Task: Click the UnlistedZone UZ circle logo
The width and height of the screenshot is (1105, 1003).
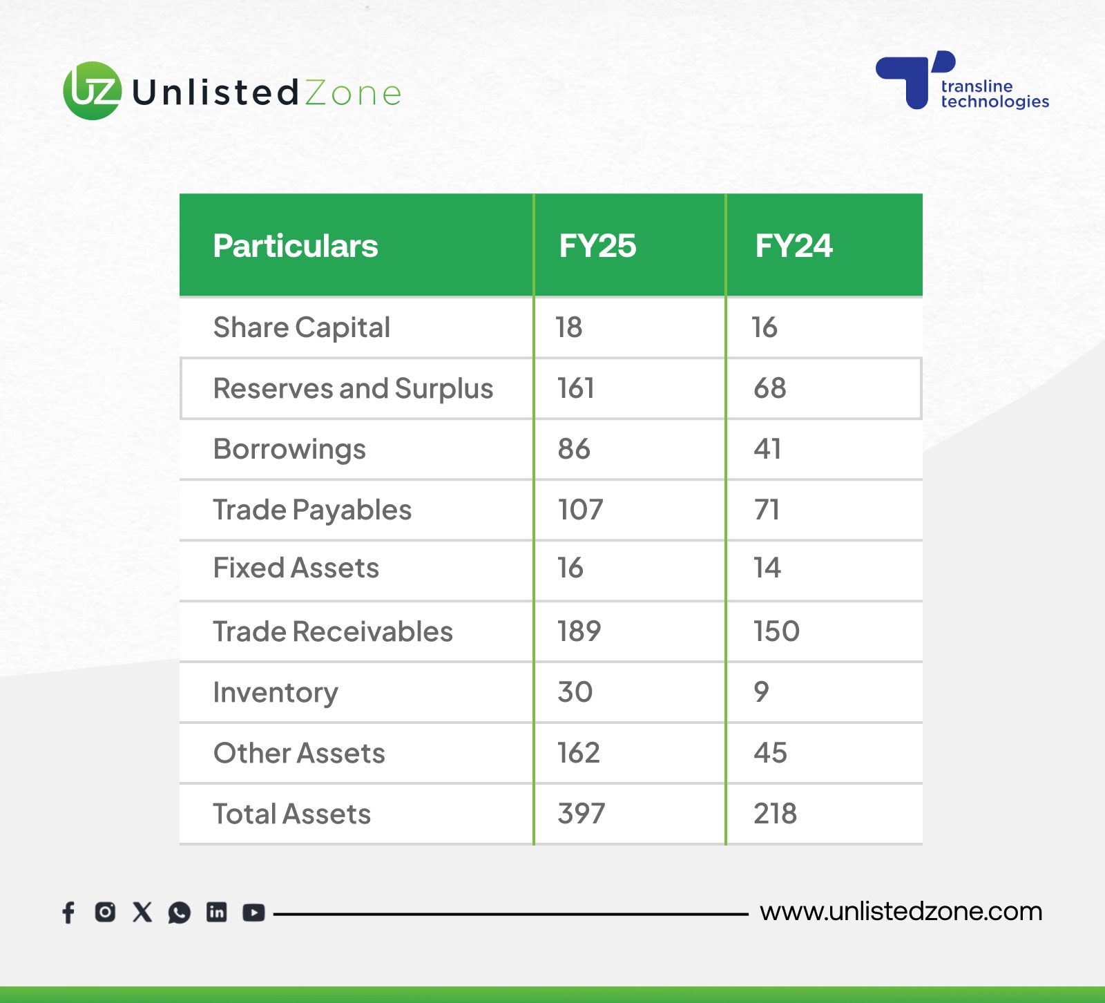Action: tap(93, 90)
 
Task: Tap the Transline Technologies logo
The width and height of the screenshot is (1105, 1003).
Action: tap(962, 80)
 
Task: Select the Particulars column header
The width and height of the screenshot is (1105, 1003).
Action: tap(296, 246)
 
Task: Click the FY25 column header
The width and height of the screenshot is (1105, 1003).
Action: tap(597, 246)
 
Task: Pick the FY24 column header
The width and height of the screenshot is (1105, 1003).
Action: tap(794, 246)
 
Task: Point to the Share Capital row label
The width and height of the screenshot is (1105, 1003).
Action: tap(302, 327)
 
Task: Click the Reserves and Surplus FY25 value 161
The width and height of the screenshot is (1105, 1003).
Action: tap(576, 388)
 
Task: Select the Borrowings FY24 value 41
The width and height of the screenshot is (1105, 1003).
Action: tap(767, 449)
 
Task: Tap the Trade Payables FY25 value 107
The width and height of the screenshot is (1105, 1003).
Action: tap(581, 510)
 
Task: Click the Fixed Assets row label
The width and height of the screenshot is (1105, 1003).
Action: tap(296, 568)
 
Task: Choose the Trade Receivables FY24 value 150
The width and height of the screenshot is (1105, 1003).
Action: tap(776, 631)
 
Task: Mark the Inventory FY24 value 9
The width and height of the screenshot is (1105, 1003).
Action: tap(761, 692)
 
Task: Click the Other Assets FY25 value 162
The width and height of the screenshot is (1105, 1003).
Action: tap(579, 753)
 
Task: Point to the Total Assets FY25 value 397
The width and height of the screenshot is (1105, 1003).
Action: tap(582, 814)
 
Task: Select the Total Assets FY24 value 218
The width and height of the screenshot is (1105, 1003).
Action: tap(775, 814)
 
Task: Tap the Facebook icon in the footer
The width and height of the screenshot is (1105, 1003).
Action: tap(68, 913)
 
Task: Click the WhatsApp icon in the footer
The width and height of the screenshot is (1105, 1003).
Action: tap(180, 913)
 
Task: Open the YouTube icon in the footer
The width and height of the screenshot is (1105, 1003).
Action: tap(253, 913)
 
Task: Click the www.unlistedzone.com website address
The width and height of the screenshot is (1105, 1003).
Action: tap(901, 912)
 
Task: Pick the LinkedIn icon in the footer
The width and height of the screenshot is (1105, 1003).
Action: tap(217, 913)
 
